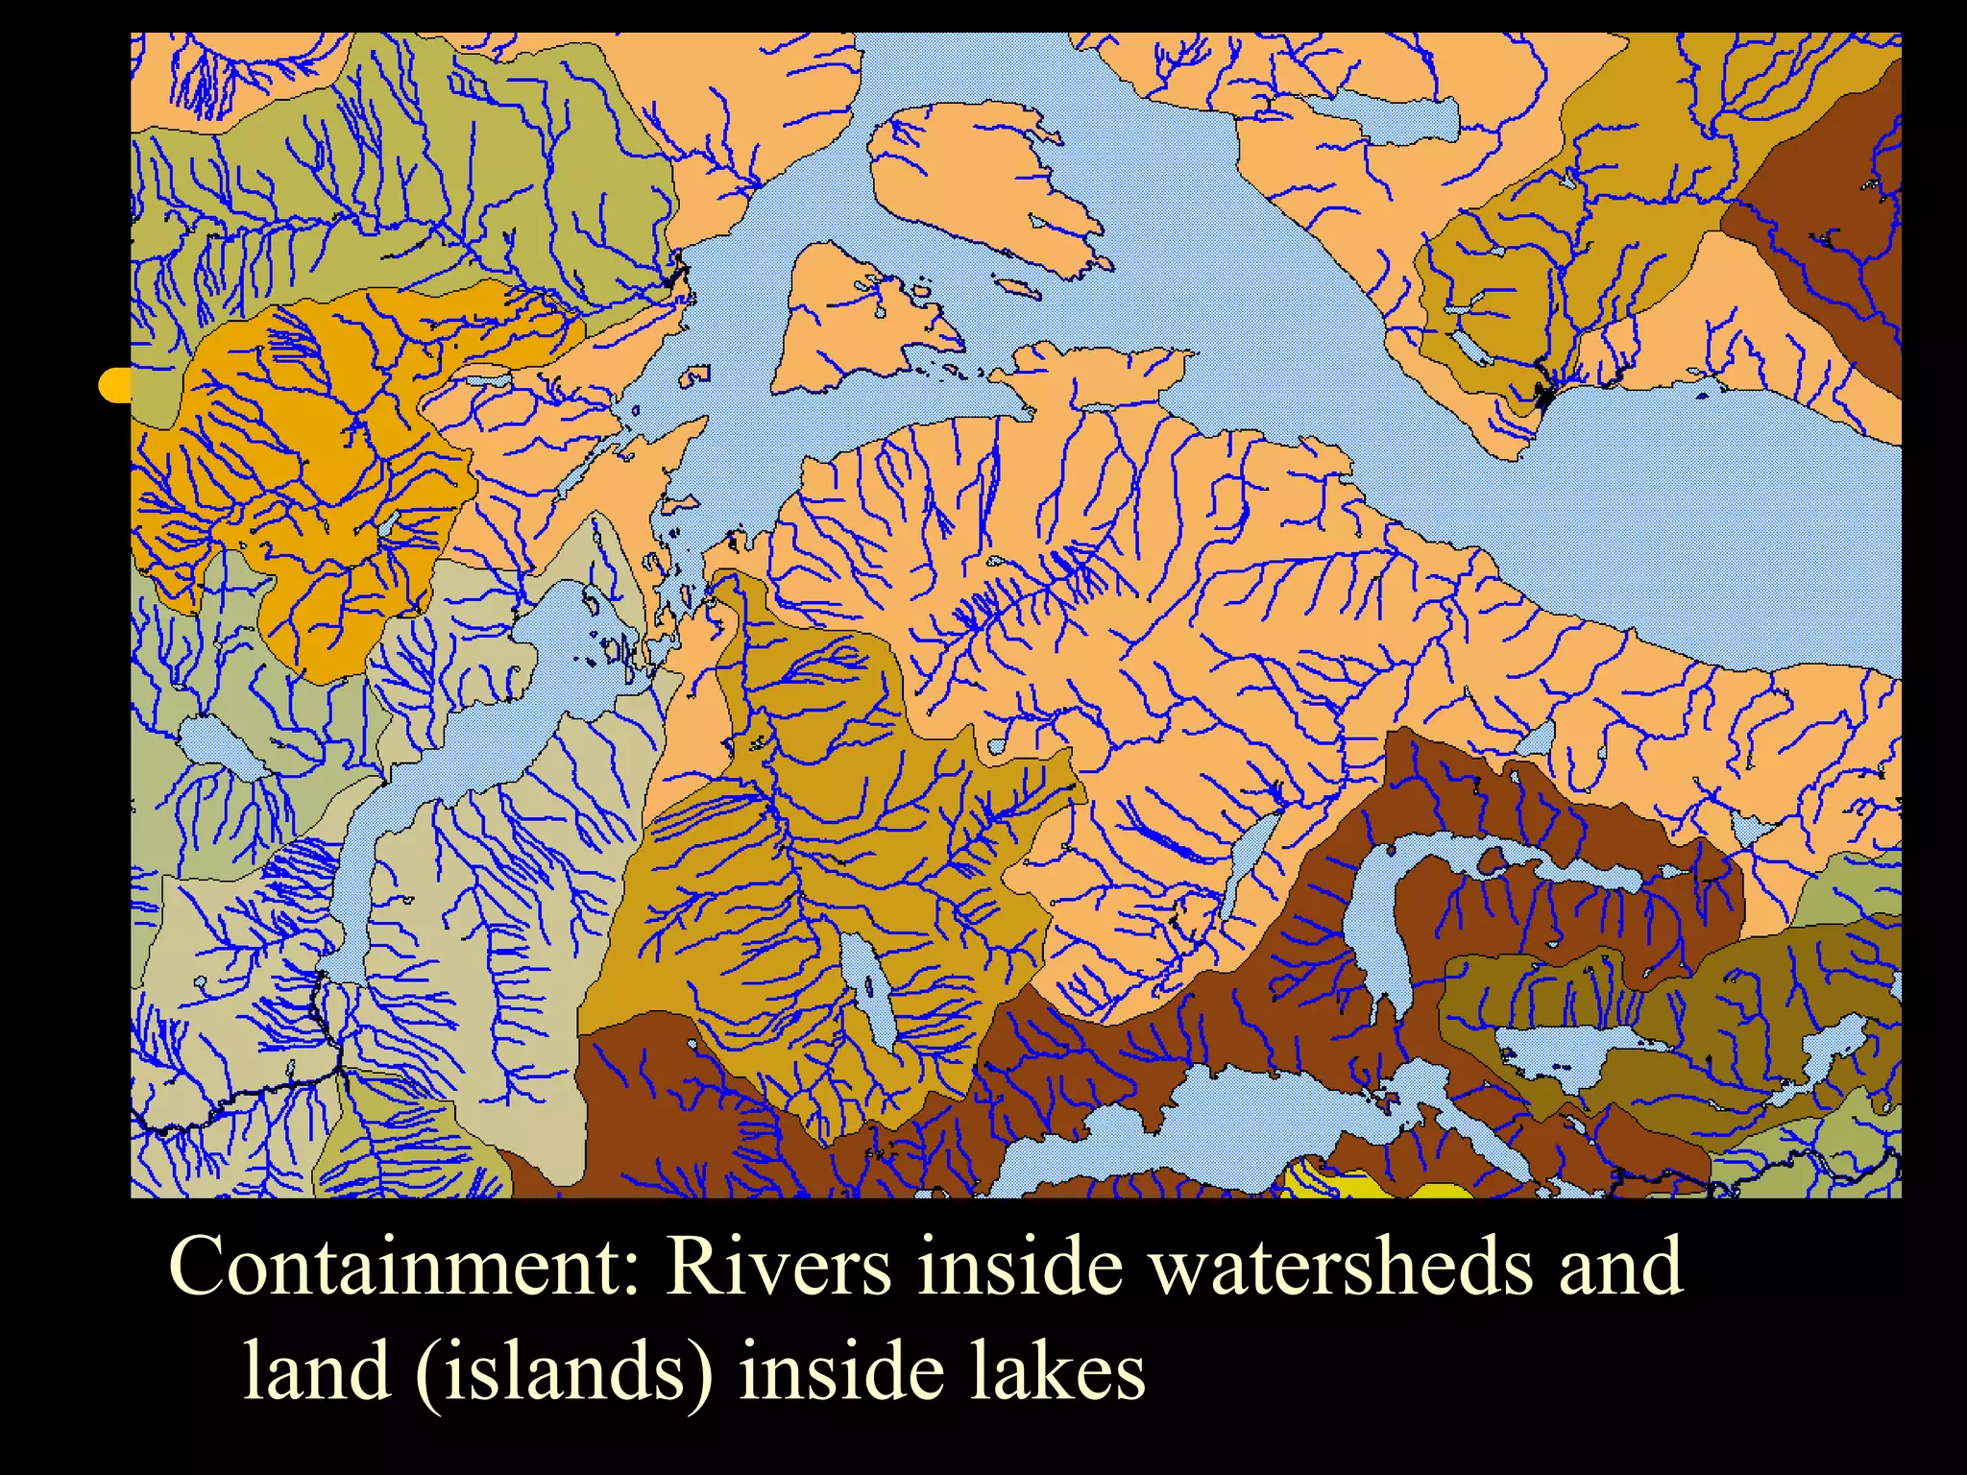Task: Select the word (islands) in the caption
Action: [x=566, y=1370]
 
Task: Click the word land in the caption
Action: [x=316, y=1370]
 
